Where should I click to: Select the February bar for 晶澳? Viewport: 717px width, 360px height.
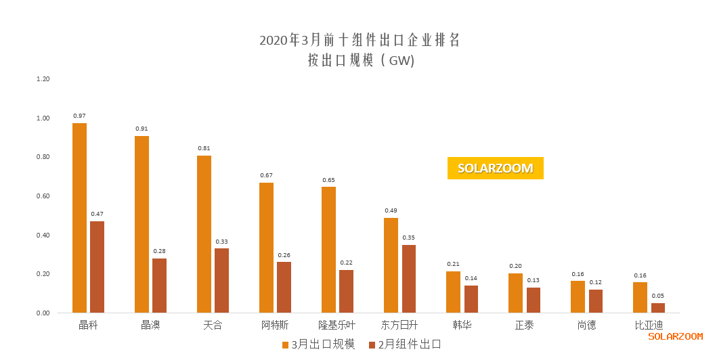click(x=159, y=286)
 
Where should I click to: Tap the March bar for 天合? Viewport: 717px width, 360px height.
click(x=204, y=234)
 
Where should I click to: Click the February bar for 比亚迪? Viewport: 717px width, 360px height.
click(x=657, y=308)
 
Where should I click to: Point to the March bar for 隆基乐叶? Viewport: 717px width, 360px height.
click(x=328, y=250)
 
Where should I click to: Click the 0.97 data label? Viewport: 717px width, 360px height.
click(x=79, y=116)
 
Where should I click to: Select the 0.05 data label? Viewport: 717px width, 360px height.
click(x=657, y=296)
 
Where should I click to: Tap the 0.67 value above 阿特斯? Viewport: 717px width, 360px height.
click(x=266, y=175)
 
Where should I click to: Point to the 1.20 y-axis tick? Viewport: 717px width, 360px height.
click(x=43, y=79)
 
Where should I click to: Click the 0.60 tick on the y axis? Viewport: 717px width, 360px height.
click(x=43, y=196)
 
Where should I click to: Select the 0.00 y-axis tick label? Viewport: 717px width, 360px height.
click(x=43, y=313)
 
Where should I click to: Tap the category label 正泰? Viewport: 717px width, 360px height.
click(x=524, y=325)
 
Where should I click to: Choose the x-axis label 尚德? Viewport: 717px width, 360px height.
click(x=586, y=325)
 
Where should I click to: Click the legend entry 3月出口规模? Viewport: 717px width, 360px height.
click(x=318, y=344)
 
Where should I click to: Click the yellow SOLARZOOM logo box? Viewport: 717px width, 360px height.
click(x=495, y=168)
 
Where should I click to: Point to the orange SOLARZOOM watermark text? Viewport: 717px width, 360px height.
click(x=675, y=336)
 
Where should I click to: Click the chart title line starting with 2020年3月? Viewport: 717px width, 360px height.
click(x=360, y=40)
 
